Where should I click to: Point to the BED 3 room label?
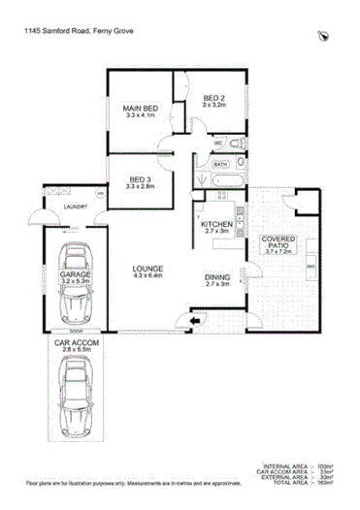(x=139, y=179)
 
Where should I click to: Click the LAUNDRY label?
(x=72, y=207)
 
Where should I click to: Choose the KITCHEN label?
(x=216, y=227)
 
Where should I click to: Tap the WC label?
(x=219, y=144)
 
